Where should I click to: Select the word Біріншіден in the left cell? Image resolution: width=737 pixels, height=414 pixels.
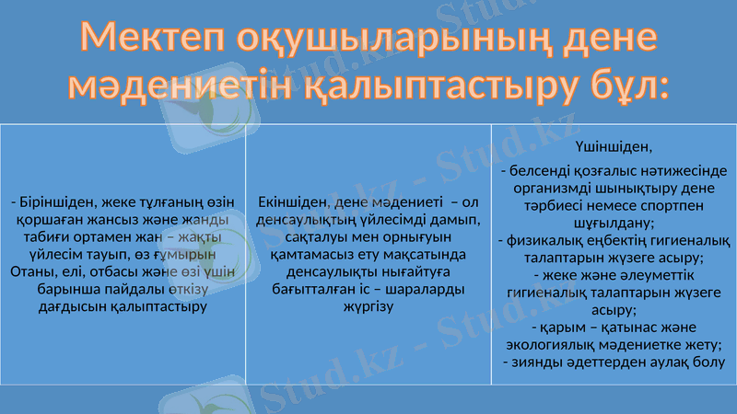[x=53, y=203]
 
